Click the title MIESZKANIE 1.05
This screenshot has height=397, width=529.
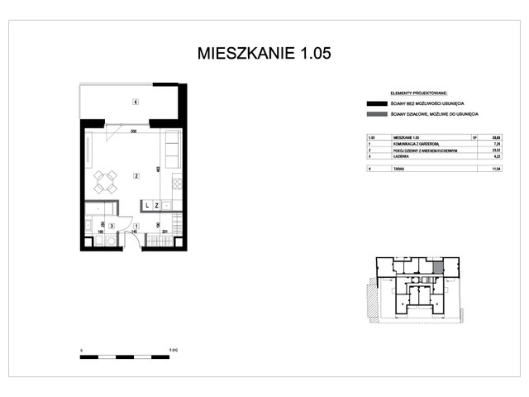tap(264, 54)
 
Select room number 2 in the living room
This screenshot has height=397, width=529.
tap(135, 175)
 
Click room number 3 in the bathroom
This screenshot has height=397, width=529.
tap(112, 225)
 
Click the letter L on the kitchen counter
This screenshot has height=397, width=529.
tap(146, 204)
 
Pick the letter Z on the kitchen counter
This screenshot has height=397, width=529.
tap(156, 204)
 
